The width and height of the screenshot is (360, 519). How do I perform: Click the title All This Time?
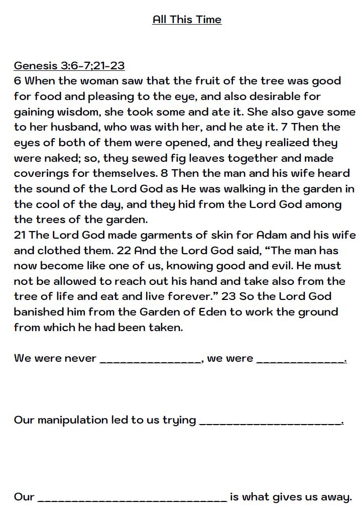point(187,20)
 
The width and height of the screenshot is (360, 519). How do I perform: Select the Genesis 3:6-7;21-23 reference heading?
point(69,65)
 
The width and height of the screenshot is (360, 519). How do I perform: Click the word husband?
point(71,127)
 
